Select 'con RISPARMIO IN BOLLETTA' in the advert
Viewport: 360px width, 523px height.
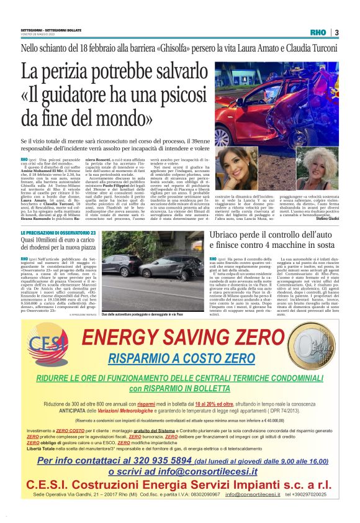coord(179,388)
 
